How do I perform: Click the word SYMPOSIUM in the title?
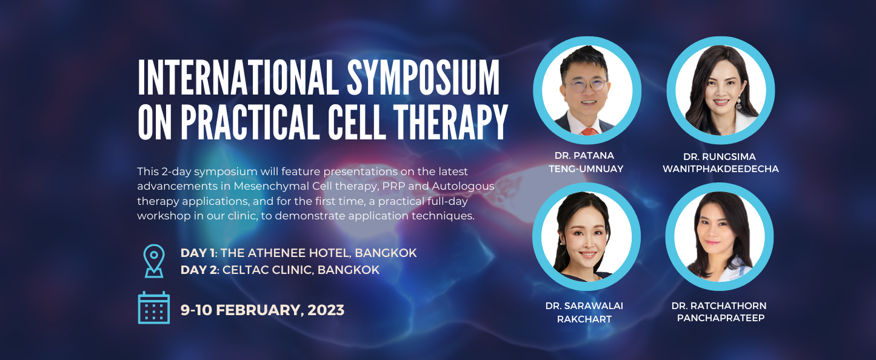tap(423, 78)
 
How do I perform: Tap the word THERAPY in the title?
tap(450, 122)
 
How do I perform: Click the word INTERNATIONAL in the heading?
tap(238, 78)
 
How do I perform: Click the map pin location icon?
tap(154, 261)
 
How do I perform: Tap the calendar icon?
tap(154, 308)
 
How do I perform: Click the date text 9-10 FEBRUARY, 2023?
tap(262, 310)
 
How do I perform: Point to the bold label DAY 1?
tap(198, 253)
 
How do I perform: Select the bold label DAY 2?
tap(198, 270)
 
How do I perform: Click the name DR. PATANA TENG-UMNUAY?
tap(586, 162)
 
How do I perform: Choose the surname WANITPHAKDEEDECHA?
tap(721, 169)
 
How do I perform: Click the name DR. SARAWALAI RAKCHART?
tap(584, 312)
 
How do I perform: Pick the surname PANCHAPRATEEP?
tap(721, 318)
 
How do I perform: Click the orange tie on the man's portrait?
tap(589, 132)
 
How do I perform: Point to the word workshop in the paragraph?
tap(164, 216)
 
